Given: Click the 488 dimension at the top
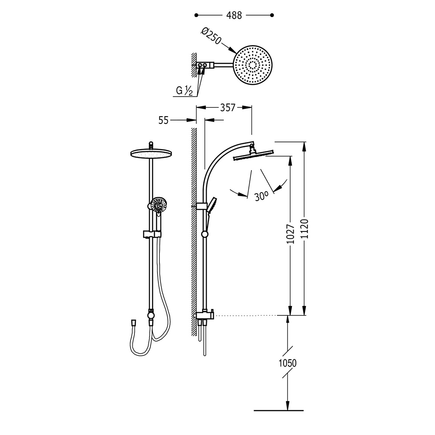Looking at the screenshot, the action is click(234, 15).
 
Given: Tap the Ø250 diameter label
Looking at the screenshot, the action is click(211, 36).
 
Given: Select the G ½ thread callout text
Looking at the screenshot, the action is click(184, 90).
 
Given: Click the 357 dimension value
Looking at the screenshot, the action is click(228, 107).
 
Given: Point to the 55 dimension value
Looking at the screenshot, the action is click(164, 120).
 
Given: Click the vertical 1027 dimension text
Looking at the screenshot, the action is click(291, 234).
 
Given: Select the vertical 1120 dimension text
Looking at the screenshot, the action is click(304, 229).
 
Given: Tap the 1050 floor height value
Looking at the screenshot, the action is click(288, 363).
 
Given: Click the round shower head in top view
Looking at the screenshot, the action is click(253, 65).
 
